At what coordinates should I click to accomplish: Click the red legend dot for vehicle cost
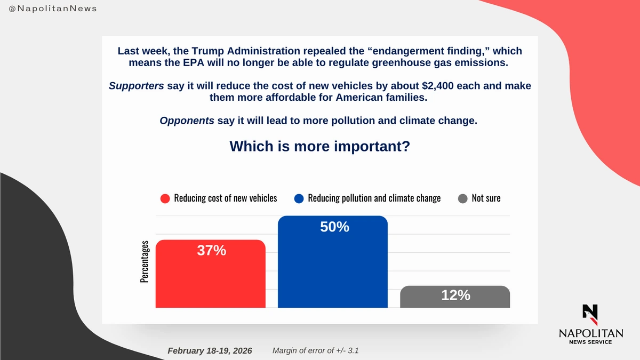pyautogui.click(x=165, y=198)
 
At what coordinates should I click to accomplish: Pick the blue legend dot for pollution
pyautogui.click(x=299, y=198)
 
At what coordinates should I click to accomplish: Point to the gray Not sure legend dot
pyautogui.click(x=462, y=198)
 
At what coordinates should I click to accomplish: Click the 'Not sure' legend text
pyautogui.click(x=486, y=198)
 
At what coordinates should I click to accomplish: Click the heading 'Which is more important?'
pyautogui.click(x=319, y=146)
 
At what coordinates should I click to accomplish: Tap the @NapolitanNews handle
pyautogui.click(x=53, y=9)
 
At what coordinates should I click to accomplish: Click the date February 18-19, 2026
pyautogui.click(x=210, y=350)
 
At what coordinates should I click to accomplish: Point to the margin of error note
pyautogui.click(x=319, y=350)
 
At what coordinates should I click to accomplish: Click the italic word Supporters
pyautogui.click(x=136, y=86)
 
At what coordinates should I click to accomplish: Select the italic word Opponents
pyautogui.click(x=187, y=121)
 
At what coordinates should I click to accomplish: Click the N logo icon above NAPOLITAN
pyautogui.click(x=590, y=314)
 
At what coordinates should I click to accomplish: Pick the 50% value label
pyautogui.click(x=334, y=227)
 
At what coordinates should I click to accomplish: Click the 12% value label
pyautogui.click(x=455, y=295)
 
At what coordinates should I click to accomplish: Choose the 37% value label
pyautogui.click(x=212, y=250)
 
